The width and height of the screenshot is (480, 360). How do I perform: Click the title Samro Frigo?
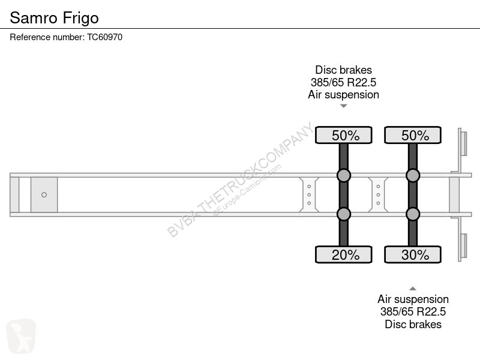[54, 18]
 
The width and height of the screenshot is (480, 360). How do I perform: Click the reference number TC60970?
[104, 37]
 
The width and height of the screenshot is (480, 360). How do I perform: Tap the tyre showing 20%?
[343, 254]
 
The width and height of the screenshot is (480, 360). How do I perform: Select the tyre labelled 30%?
[413, 254]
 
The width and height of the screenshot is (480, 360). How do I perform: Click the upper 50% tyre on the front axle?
[343, 135]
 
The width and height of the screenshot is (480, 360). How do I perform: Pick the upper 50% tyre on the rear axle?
[413, 135]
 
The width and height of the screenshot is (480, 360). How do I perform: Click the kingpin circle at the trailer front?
[44, 194]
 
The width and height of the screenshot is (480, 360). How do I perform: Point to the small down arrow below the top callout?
[343, 106]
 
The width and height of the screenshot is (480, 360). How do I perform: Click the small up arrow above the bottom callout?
[413, 289]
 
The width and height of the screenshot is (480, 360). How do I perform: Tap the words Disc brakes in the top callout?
[343, 70]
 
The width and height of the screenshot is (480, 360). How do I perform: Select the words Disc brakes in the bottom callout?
[413, 324]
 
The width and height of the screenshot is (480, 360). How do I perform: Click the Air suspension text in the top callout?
[343, 95]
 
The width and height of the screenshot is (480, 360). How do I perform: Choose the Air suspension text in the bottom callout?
[413, 299]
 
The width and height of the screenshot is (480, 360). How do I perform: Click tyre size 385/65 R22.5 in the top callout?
[343, 82]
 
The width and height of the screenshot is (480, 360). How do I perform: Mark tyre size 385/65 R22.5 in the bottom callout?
[413, 311]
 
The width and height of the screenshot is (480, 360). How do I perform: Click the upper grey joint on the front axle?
[343, 175]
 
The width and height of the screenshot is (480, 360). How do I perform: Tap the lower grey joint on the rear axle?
[413, 214]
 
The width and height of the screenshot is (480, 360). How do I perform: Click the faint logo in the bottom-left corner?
[21, 336]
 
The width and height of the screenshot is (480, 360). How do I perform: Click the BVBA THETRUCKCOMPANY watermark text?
[241, 179]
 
